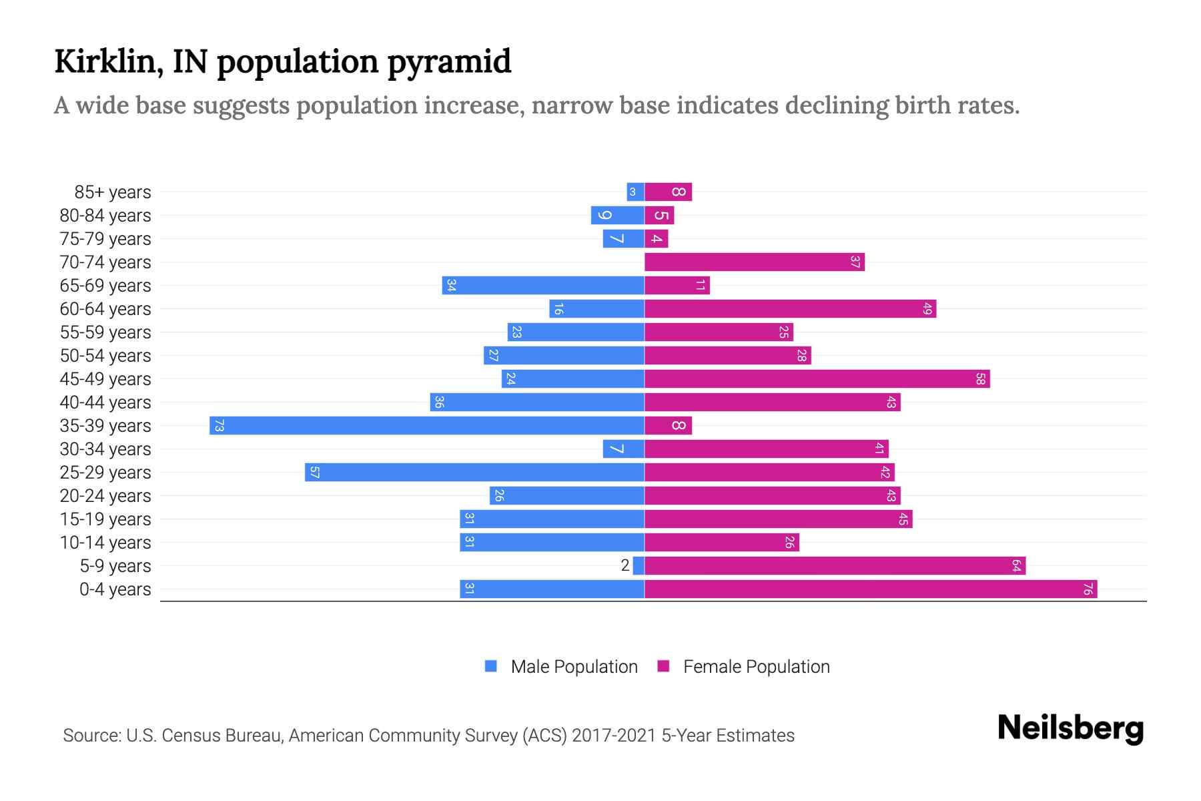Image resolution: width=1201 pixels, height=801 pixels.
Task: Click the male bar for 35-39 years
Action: (x=427, y=425)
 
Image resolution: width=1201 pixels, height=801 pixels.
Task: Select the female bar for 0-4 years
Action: (x=871, y=589)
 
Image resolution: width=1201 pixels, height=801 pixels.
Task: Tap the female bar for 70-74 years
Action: (x=754, y=262)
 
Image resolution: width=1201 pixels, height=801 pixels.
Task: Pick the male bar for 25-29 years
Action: (x=474, y=472)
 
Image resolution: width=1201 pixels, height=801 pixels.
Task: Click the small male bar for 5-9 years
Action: (x=639, y=565)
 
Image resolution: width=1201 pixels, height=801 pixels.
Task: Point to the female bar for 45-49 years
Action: (x=817, y=378)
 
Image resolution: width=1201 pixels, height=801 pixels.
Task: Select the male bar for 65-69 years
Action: (x=543, y=285)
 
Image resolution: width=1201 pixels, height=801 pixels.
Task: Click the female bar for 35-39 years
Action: (x=668, y=425)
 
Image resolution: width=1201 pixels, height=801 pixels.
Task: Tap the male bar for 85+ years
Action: (x=635, y=192)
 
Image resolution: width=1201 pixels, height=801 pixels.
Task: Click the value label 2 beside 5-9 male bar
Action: (x=625, y=565)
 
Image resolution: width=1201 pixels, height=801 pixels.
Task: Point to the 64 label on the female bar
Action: (x=1016, y=565)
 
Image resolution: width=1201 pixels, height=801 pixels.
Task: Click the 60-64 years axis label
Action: (x=105, y=308)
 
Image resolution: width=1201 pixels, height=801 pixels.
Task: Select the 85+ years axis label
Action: (x=113, y=192)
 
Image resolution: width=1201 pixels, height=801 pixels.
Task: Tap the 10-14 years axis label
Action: (x=105, y=542)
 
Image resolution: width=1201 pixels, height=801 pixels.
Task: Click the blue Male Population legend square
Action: (x=491, y=666)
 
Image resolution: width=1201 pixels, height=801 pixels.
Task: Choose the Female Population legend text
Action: (x=756, y=666)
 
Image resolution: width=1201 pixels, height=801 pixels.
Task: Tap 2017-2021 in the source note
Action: (x=614, y=735)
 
